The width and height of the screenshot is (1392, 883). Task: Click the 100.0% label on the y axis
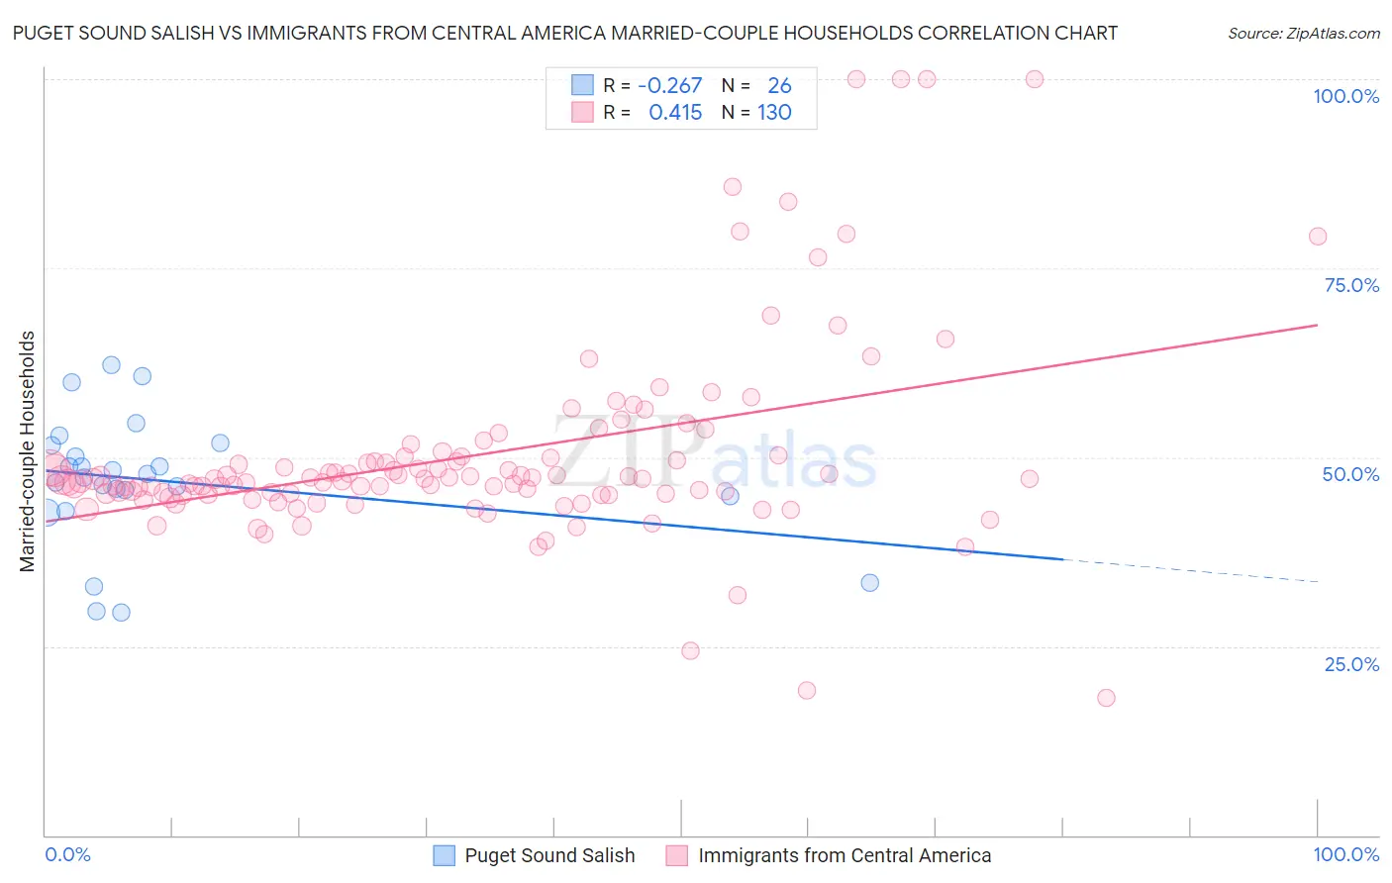1345,96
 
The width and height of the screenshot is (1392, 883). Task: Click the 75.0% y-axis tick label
1351,285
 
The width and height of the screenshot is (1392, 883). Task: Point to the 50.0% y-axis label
1350,474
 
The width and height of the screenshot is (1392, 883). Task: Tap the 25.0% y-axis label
1351,663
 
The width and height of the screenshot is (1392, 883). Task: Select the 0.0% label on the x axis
67,854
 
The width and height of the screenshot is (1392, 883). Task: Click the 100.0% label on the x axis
1345,854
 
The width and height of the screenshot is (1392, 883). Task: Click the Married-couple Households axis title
28,451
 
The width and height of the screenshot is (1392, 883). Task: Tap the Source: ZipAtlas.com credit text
1303,33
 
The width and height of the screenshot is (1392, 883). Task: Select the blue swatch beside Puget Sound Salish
445,855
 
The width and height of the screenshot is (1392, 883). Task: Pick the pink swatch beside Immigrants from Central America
677,855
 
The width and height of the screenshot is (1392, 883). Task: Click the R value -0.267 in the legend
669,86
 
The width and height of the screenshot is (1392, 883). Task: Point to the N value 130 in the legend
774,113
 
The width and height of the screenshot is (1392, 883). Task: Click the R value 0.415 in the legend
675,113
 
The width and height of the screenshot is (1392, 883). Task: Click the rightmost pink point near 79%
1317,236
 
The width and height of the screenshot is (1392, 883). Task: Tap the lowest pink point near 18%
1106,698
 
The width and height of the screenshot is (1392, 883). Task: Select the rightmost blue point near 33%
869,582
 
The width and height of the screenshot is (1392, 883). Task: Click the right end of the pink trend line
1317,325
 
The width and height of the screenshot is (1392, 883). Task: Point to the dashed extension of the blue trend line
1188,570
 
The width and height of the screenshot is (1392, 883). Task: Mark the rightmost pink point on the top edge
1034,79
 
